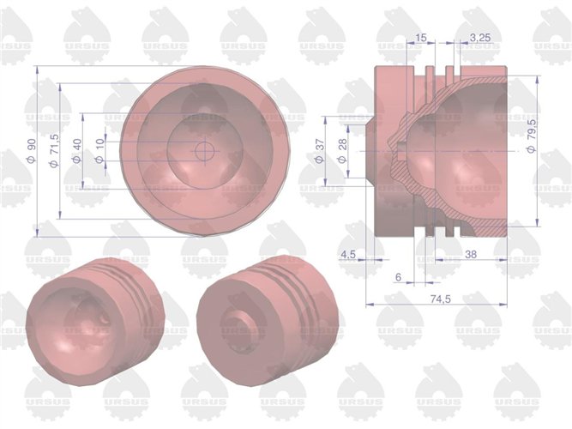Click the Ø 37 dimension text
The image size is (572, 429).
(322, 151)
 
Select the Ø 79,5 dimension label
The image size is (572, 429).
(532, 137)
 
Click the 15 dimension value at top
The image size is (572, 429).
(420, 37)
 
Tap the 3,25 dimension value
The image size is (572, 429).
(480, 37)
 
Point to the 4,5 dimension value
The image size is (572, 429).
(348, 255)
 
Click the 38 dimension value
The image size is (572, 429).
(471, 255)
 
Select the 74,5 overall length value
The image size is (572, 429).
(438, 294)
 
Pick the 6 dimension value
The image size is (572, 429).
(398, 277)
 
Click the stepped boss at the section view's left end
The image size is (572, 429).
(369, 151)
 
